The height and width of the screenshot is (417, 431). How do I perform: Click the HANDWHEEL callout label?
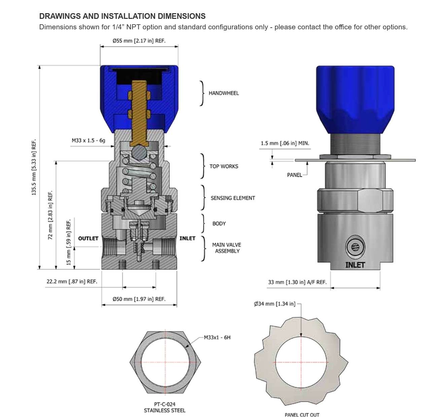[223, 93]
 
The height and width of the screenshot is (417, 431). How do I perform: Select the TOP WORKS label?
[223, 166]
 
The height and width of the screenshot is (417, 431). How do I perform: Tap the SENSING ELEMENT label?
[232, 198]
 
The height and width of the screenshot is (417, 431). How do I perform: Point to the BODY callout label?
[219, 224]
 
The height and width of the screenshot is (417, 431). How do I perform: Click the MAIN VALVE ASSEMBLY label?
[226, 248]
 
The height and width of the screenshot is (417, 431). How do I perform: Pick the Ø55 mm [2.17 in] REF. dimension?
[139, 41]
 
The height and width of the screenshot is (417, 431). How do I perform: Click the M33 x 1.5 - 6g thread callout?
[88, 140]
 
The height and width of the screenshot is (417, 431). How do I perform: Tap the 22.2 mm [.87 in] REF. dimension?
[72, 281]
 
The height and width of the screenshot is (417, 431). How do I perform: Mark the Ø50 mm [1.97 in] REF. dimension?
[139, 299]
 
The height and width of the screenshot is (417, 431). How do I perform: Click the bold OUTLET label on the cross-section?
[88, 238]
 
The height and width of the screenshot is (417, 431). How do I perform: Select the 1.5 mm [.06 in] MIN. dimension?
[285, 143]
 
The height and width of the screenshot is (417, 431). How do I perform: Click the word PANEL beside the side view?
[294, 175]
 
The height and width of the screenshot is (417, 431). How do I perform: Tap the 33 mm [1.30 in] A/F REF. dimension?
[297, 282]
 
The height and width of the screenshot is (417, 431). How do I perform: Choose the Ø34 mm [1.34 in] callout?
[275, 304]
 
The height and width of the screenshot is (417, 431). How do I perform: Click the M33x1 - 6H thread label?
[217, 337]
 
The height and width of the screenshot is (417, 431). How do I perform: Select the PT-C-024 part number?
[165, 404]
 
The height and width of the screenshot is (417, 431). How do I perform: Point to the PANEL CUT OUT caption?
[302, 415]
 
